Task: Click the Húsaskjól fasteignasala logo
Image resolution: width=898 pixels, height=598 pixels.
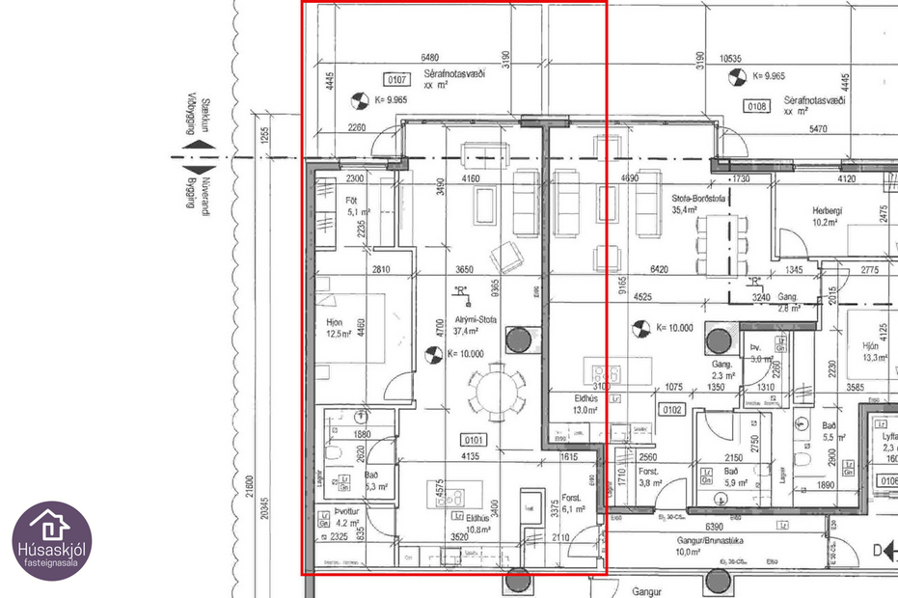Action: [52, 540]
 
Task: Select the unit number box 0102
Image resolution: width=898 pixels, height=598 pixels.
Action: [671, 410]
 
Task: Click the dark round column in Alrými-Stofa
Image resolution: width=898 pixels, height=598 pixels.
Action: [519, 339]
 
